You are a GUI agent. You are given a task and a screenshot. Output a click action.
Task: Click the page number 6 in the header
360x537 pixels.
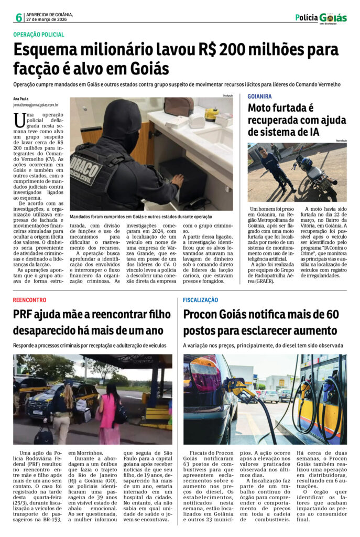[x=19, y=17]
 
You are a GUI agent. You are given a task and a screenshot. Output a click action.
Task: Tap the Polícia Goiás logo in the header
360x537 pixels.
[x=321, y=18]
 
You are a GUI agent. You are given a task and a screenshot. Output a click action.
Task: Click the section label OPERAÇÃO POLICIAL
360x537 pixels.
[x=39, y=35]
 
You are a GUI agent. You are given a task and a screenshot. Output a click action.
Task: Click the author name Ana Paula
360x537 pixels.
[x=21, y=99]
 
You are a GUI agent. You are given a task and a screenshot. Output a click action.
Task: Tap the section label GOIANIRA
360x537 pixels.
[x=259, y=96]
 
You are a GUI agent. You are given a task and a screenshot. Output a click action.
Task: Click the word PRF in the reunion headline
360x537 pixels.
[x=26, y=315]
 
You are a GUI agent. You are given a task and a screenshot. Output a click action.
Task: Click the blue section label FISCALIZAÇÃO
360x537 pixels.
[x=201, y=299]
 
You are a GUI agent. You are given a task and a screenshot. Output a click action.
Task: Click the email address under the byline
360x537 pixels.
[x=36, y=105]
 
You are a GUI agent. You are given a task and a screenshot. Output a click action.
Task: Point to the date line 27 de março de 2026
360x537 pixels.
[x=46, y=19]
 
